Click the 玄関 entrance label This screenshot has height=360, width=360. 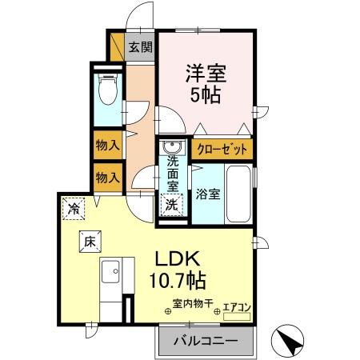click(141, 46)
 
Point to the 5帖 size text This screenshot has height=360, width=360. click(206, 94)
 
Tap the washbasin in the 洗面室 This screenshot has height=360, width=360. click(170, 149)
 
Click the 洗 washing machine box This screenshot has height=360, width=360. click(171, 204)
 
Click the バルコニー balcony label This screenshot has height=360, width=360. click(203, 341)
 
